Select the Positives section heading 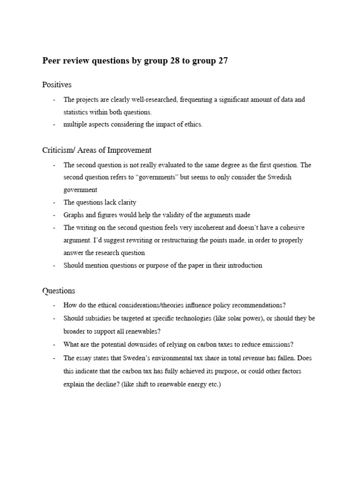click(x=57, y=84)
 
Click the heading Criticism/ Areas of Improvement click(x=97, y=150)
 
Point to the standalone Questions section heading click(x=59, y=291)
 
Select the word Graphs click(x=74, y=215)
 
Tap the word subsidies click(x=98, y=318)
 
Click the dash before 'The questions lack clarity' click(x=54, y=202)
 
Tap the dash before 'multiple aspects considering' click(x=54, y=125)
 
